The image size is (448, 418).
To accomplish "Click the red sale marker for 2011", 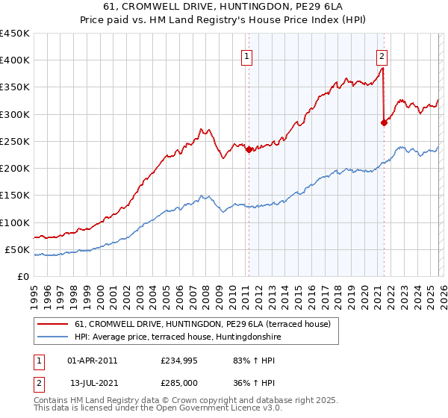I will [x=249, y=149].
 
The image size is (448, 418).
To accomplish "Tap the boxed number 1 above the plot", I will [x=246, y=54].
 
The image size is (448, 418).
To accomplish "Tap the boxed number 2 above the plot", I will [x=382, y=54].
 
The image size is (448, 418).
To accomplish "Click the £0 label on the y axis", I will [x=22, y=276].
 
